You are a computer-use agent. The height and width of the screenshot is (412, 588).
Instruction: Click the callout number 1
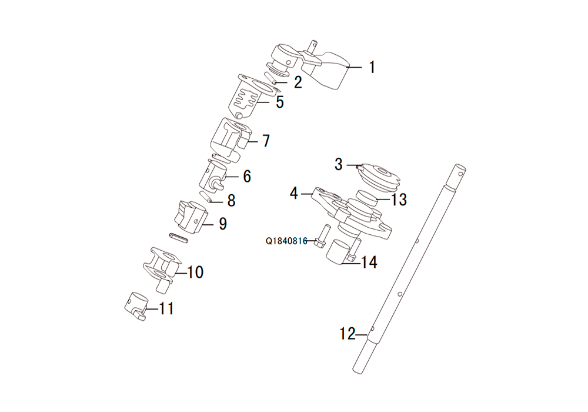tap(372, 68)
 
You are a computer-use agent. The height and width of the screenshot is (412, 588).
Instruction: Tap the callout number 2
tap(298, 82)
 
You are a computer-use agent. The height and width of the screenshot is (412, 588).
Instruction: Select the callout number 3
tap(339, 164)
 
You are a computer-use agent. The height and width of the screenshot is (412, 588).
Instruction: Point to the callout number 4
tap(294, 193)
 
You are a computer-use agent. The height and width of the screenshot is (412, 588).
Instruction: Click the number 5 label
tap(280, 102)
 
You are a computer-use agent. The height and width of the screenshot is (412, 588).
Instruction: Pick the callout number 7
tap(266, 141)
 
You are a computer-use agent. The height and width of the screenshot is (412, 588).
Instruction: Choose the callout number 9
tap(223, 224)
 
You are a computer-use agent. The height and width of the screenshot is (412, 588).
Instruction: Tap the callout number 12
tap(348, 334)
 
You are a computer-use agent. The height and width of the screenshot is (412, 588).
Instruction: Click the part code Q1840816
tap(286, 241)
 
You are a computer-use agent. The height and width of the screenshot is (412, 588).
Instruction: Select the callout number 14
tap(369, 263)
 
